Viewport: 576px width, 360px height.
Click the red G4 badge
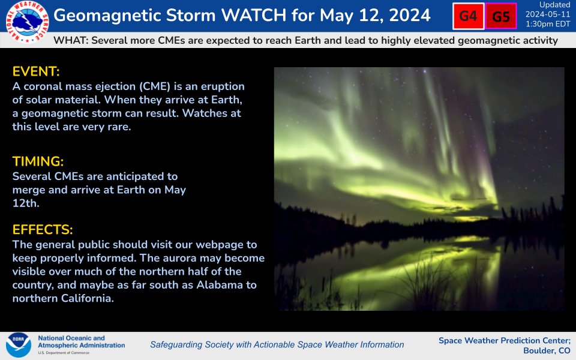(468, 16)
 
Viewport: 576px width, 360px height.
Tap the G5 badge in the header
(500, 17)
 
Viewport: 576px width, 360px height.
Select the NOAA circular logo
(18, 345)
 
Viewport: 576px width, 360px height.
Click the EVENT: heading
(36, 72)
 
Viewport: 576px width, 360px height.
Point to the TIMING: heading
(38, 162)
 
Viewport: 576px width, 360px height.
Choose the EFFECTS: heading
(43, 230)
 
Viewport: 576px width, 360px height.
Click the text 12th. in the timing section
(25, 203)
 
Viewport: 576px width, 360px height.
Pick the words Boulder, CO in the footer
(547, 350)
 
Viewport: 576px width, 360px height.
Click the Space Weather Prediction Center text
(504, 340)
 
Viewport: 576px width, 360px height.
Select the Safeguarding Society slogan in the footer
(277, 345)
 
